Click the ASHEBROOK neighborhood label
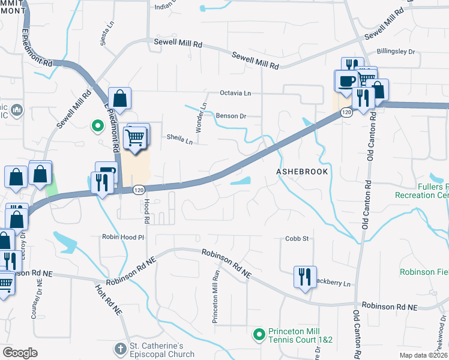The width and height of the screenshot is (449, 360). coord(302,172)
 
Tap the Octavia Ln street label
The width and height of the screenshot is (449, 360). coord(235,94)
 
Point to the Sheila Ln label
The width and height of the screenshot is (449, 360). coord(179,141)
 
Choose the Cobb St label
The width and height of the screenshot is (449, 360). coord(297,238)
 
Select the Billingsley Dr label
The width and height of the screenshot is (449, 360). coord(396,52)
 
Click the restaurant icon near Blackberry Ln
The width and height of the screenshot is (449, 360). coord(305,277)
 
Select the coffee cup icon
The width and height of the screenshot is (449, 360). coord(345,82)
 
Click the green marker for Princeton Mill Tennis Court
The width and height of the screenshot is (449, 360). coord(259,334)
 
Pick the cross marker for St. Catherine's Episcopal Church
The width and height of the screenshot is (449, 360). coord(121,349)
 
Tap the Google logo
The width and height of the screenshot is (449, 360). coord(20,353)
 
